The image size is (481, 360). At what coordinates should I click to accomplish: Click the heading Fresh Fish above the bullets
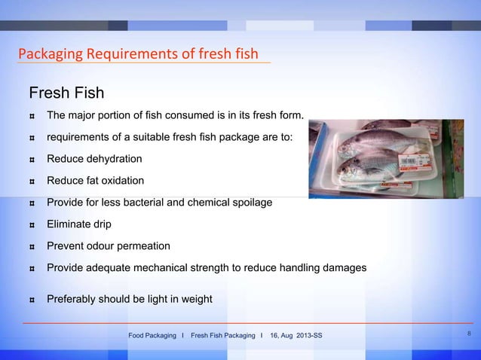coord(66,93)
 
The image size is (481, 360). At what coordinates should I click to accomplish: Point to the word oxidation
coord(118,181)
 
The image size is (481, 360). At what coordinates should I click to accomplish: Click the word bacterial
coord(163,203)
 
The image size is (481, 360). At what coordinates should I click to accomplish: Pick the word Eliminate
coord(70,224)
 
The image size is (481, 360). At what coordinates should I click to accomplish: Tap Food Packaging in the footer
coord(152,335)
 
